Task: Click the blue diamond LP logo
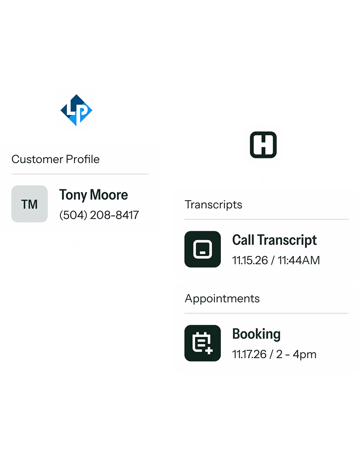tap(77, 110)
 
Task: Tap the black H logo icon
tap(263, 144)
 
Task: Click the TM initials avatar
tap(30, 204)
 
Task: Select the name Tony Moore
tap(93, 195)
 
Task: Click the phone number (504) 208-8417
tap(99, 215)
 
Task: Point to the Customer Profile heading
tap(56, 159)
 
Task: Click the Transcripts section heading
tap(213, 205)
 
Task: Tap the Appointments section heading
tap(222, 299)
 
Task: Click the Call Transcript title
tap(274, 240)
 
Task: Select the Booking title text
tap(256, 334)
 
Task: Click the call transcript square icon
tap(203, 249)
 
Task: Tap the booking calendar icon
tap(203, 343)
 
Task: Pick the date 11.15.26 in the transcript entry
tap(250, 260)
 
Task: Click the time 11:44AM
tap(299, 260)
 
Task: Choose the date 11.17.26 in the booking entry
tap(249, 354)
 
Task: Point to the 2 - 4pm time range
tap(296, 354)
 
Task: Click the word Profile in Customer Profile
tap(83, 159)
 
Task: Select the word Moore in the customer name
tap(109, 195)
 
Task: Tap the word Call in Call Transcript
tap(243, 240)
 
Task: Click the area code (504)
tap(73, 215)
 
